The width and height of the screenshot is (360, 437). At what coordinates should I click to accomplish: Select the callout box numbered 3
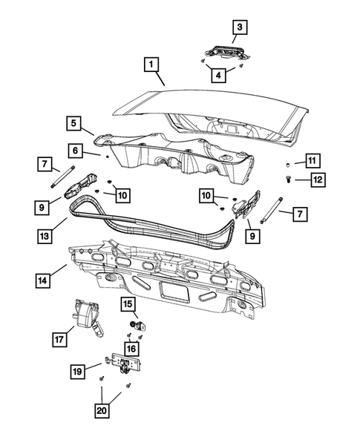(x=239, y=27)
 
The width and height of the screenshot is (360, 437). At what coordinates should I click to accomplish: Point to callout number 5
(x=73, y=122)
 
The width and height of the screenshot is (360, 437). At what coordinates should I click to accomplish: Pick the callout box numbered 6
(x=74, y=150)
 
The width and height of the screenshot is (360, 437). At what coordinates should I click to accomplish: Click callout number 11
(x=312, y=161)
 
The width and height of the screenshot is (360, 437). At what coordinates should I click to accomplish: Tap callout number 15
(x=127, y=304)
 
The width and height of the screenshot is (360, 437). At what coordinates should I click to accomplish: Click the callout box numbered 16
(x=131, y=347)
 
